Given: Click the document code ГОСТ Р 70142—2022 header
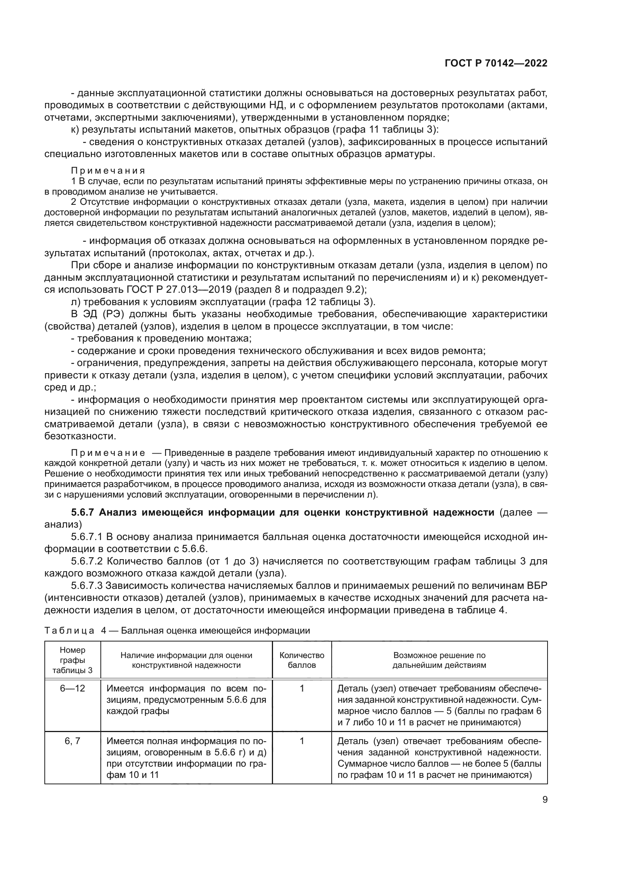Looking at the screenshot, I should [496, 63].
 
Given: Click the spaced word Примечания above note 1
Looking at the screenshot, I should [108, 170].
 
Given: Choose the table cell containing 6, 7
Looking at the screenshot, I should [72, 741].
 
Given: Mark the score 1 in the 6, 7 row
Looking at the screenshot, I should [302, 741].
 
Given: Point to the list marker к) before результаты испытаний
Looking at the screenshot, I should [75, 129].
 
